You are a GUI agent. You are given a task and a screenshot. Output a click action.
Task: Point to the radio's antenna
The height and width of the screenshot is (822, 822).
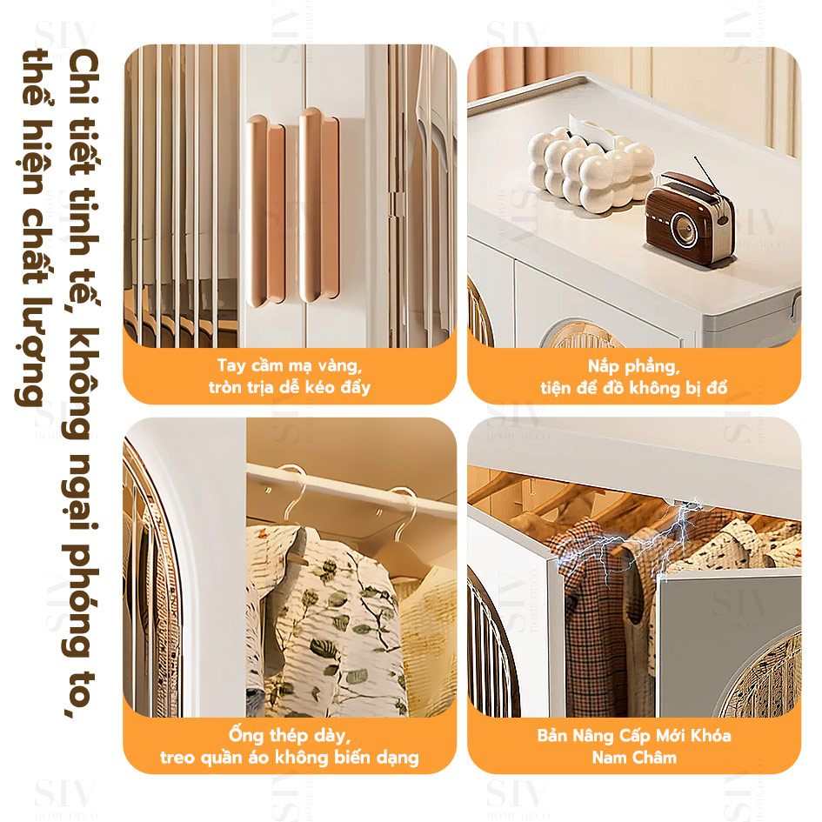pos(705,172)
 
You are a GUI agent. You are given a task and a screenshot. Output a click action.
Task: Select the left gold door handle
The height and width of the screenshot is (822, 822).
pos(266,211)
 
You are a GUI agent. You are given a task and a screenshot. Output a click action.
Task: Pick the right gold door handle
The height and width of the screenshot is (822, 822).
pos(318,205)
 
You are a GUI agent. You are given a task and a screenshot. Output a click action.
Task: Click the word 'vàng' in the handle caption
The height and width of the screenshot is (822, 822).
pos(340,365)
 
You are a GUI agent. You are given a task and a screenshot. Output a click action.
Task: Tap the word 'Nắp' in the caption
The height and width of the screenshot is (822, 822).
pos(602,366)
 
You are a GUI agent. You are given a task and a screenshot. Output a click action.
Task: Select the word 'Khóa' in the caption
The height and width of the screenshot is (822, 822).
pos(711,736)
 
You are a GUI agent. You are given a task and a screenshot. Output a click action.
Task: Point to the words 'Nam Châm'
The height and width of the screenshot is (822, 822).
pos(634,758)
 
